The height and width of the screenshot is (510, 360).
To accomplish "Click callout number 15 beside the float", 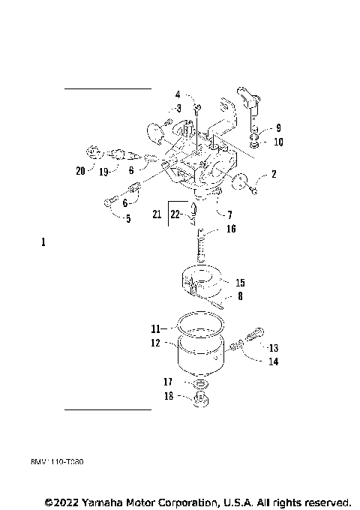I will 240,283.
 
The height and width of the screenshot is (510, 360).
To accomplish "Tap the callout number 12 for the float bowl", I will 156,342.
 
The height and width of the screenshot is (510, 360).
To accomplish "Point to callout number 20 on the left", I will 80,170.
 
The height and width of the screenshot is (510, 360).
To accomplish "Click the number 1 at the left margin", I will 43,242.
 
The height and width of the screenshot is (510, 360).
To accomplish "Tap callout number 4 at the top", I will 178,94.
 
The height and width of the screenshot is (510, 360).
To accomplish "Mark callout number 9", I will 277,127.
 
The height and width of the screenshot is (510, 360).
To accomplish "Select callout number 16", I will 231,229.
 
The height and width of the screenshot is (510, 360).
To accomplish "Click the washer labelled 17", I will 200,383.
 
